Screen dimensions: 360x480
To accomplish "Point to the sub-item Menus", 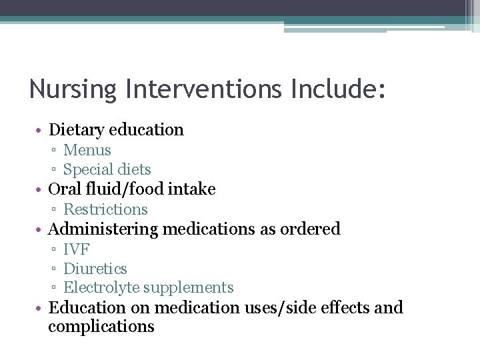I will (x=87, y=151).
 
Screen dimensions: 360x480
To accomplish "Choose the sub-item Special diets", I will (x=107, y=169).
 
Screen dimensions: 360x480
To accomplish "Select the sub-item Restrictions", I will (x=105, y=209).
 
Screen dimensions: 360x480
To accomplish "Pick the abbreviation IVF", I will (x=76, y=249).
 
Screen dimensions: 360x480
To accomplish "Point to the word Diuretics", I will (x=95, y=269).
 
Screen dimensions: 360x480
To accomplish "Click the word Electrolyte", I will (x=100, y=288).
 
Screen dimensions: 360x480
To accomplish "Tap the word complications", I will (x=101, y=327).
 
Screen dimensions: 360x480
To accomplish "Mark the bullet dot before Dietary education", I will (x=41, y=131).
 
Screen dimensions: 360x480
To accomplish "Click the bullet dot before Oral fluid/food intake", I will (x=41, y=190).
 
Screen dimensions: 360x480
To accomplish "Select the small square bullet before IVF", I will (x=53, y=250).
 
